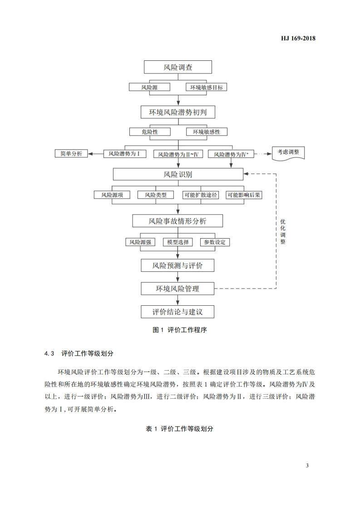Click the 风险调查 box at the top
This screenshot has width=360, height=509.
178,67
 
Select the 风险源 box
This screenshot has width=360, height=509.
149,87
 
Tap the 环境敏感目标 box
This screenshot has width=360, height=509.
207,87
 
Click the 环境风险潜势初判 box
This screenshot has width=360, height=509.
178,112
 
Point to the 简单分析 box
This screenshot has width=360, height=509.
71,154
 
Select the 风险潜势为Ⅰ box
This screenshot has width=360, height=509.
124,154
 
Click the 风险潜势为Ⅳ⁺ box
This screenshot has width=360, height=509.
231,154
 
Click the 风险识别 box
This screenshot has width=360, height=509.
178,174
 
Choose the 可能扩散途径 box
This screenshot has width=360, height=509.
201,195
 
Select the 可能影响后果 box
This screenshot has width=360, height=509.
244,195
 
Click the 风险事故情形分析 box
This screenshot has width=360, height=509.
178,221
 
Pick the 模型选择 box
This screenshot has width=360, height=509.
178,242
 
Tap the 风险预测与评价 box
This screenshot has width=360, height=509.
178,265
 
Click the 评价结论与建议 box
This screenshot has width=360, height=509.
178,312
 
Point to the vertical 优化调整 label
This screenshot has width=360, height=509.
283,232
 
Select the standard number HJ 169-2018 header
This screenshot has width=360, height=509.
295,38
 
